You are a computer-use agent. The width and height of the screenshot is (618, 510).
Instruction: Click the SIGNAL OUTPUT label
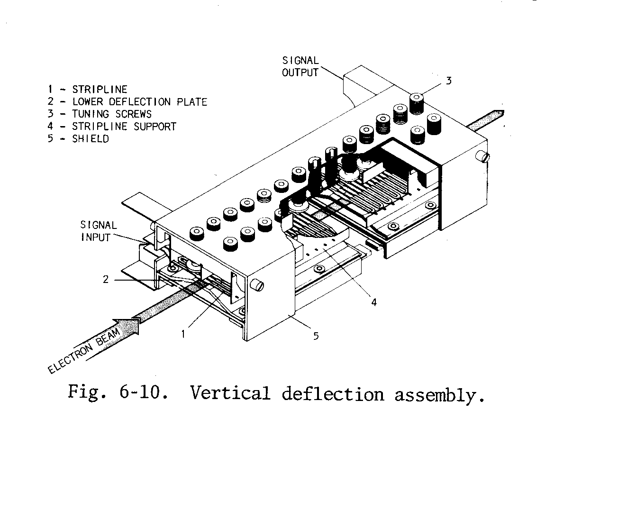coord(300,67)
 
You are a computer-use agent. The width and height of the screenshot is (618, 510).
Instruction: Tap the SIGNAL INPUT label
coord(99,231)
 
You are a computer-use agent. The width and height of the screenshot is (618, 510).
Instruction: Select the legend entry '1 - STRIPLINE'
coord(87,90)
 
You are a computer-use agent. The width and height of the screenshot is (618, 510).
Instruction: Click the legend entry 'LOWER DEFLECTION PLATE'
coord(139,102)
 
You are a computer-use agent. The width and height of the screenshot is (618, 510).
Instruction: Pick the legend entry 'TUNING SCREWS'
coord(111,114)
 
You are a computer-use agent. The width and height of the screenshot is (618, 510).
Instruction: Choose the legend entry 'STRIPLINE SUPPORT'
coord(124,127)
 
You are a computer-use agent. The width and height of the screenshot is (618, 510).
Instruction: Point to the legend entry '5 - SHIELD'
coord(78,139)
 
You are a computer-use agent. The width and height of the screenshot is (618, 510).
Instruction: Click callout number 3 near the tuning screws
coord(448,81)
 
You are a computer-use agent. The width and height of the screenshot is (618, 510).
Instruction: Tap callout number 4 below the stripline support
coord(374,302)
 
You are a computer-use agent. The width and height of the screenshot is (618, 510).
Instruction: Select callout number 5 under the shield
coord(316,336)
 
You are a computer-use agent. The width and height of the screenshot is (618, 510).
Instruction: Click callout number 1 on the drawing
coord(183,334)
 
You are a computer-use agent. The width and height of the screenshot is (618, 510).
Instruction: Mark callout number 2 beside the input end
coord(106,279)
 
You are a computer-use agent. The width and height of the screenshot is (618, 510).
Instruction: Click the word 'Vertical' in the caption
coord(230,393)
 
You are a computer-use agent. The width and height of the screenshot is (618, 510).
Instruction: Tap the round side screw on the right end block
coord(483,157)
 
